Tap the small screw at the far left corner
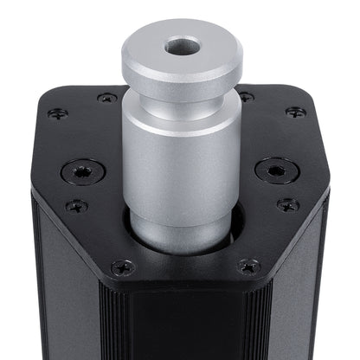pos(58,113)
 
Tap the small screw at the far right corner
pos(296,112)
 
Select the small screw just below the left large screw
pos(76,206)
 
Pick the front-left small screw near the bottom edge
pos(123,267)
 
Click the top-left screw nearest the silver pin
pos(107,98)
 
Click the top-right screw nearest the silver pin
pos(246,97)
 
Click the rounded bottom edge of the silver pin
pos(182,247)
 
